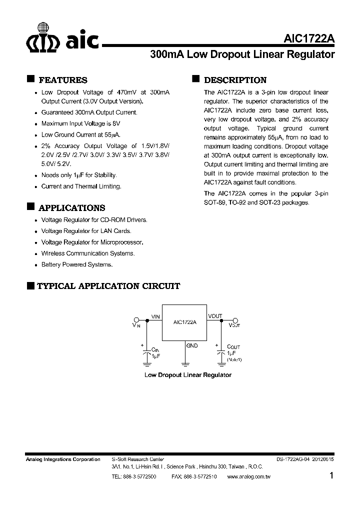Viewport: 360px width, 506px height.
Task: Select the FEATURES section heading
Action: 63,80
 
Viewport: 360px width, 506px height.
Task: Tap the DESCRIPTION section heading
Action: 235,80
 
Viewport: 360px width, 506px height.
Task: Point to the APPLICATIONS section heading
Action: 72,208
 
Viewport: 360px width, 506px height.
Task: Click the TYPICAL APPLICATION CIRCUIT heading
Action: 108,286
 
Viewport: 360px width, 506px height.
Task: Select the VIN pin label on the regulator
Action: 155,316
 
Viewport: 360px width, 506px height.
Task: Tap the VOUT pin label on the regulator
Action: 215,316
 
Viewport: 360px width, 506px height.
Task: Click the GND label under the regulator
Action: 191,345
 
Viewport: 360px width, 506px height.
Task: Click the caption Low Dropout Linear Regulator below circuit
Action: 187,374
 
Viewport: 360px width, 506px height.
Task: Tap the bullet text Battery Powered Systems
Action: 77,264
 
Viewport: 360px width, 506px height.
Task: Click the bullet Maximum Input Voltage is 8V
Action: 81,123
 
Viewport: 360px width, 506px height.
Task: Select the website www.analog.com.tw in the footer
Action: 248,477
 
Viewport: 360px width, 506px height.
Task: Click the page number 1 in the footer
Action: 331,476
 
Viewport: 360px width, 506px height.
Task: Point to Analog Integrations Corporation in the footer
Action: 63,459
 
